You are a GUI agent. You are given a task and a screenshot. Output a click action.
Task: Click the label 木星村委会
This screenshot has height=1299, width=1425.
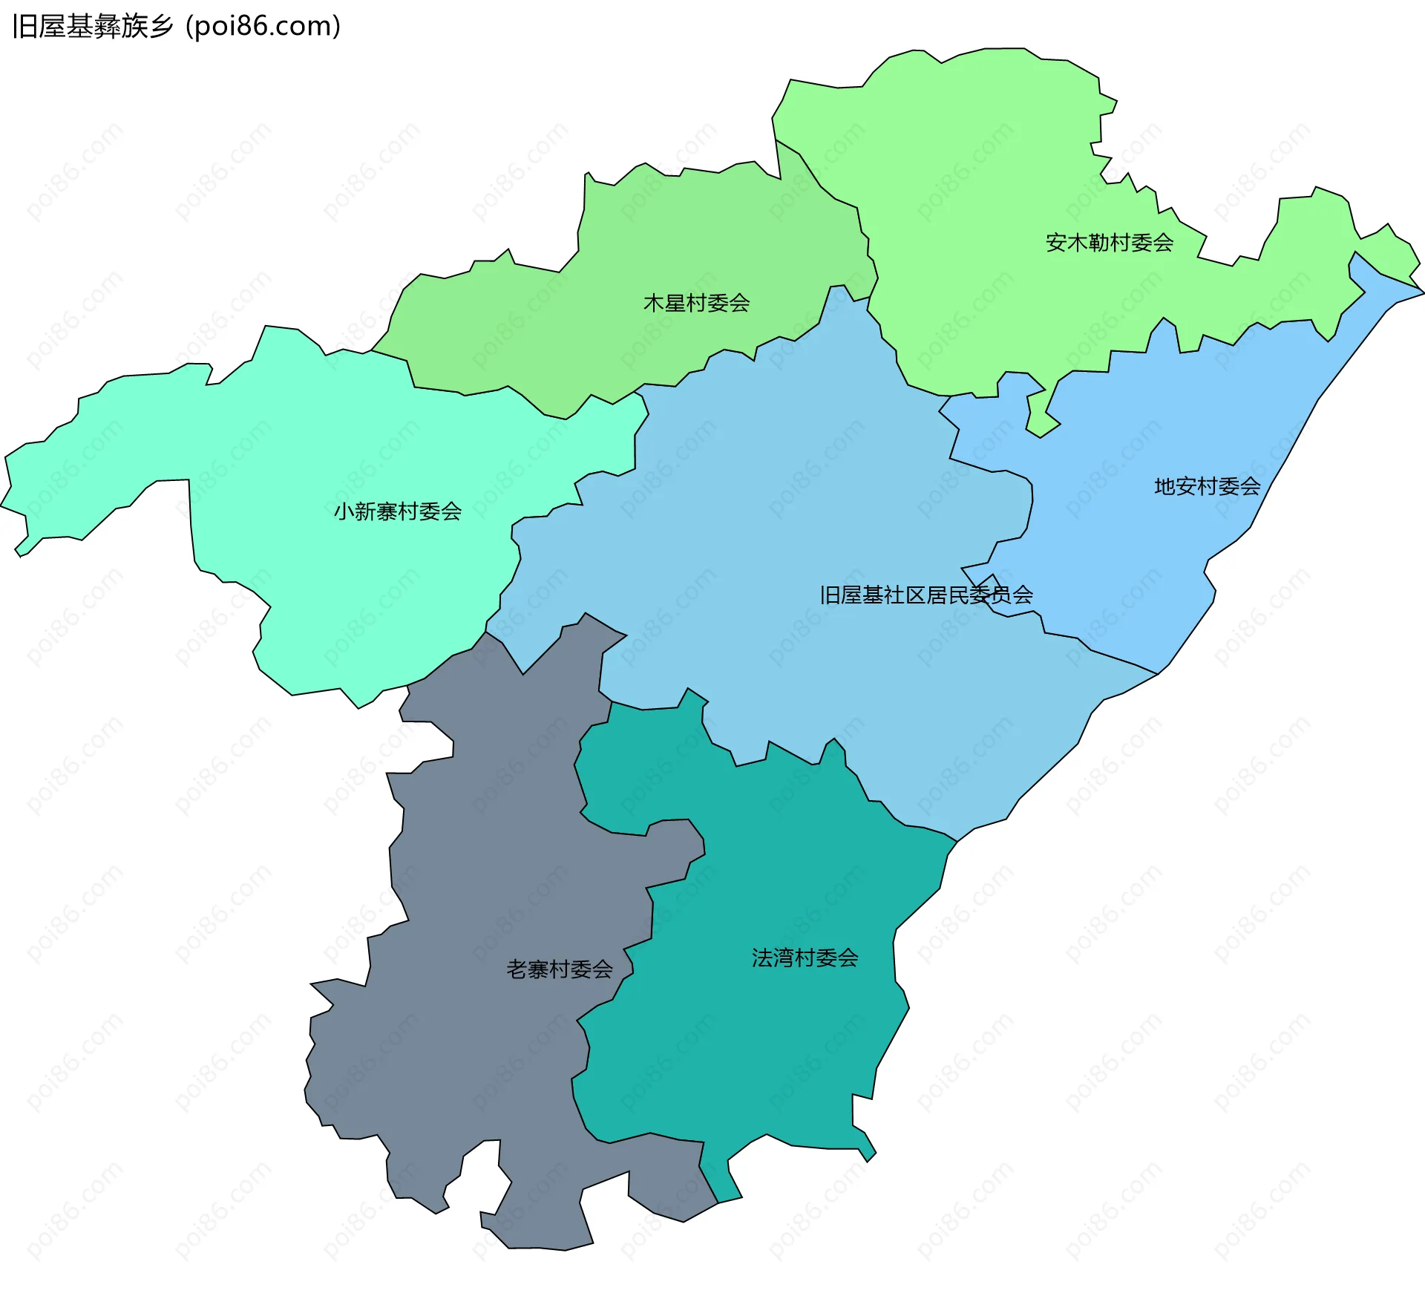pyautogui.click(x=696, y=303)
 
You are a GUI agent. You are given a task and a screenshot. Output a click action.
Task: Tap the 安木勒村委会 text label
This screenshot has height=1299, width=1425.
pyautogui.click(x=1109, y=243)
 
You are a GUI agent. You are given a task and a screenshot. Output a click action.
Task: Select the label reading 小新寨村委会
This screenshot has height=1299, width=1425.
pyautogui.click(x=397, y=511)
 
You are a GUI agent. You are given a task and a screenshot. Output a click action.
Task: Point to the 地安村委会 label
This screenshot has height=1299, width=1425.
pyautogui.click(x=1207, y=486)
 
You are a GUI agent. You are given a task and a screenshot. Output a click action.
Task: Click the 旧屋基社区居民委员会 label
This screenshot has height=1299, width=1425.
pyautogui.click(x=926, y=595)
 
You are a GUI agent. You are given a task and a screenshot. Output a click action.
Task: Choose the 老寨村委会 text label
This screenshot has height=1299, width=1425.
pyautogui.click(x=560, y=969)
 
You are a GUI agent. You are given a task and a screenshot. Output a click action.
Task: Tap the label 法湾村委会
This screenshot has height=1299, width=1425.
pyautogui.click(x=805, y=958)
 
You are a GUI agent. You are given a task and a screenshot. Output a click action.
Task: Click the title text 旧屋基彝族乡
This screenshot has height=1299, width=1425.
pyautogui.click(x=93, y=27)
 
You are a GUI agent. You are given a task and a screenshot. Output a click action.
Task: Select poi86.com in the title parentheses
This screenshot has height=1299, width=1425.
pyautogui.click(x=263, y=27)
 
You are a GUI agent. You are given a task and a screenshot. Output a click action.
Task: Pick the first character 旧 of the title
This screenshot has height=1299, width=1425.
pyautogui.click(x=24, y=27)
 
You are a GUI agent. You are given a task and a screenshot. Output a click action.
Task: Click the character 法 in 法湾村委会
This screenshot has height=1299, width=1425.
pyautogui.click(x=762, y=958)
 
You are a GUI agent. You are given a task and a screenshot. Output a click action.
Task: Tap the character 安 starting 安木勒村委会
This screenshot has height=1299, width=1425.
pyautogui.click(x=1056, y=243)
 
